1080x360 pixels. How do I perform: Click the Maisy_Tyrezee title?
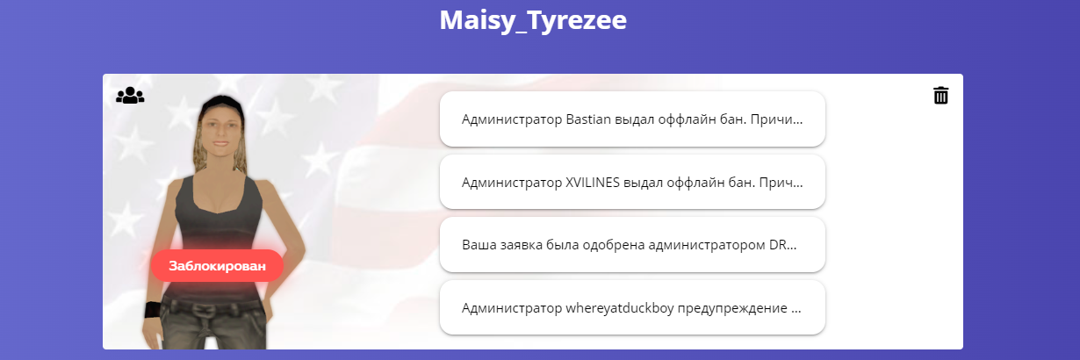pyautogui.click(x=533, y=21)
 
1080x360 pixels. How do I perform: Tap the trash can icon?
pyautogui.click(x=940, y=95)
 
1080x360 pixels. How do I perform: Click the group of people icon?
pyautogui.click(x=130, y=95)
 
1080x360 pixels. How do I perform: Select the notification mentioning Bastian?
pyautogui.click(x=632, y=119)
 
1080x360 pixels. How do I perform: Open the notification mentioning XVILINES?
pyautogui.click(x=632, y=182)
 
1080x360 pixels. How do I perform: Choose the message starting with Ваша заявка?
pyautogui.click(x=632, y=245)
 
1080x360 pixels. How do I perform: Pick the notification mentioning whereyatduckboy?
pyautogui.click(x=632, y=307)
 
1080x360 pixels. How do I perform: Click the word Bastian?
pyautogui.click(x=588, y=119)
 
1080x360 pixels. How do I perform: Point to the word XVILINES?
pyautogui.click(x=592, y=182)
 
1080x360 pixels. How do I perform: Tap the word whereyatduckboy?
pyautogui.click(x=620, y=308)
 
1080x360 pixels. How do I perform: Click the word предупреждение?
pyautogui.click(x=732, y=308)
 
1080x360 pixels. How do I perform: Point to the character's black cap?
pyautogui.click(x=222, y=104)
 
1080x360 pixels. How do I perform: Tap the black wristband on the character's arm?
pyautogui.click(x=154, y=310)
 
